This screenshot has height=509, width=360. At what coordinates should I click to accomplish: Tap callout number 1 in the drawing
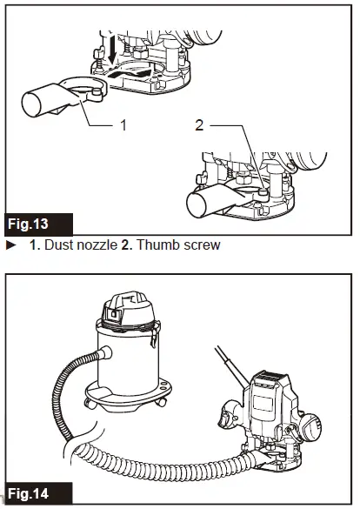(123, 125)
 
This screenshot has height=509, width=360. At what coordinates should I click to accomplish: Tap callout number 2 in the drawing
(200, 125)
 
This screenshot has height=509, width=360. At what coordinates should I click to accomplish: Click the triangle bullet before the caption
(11, 245)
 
